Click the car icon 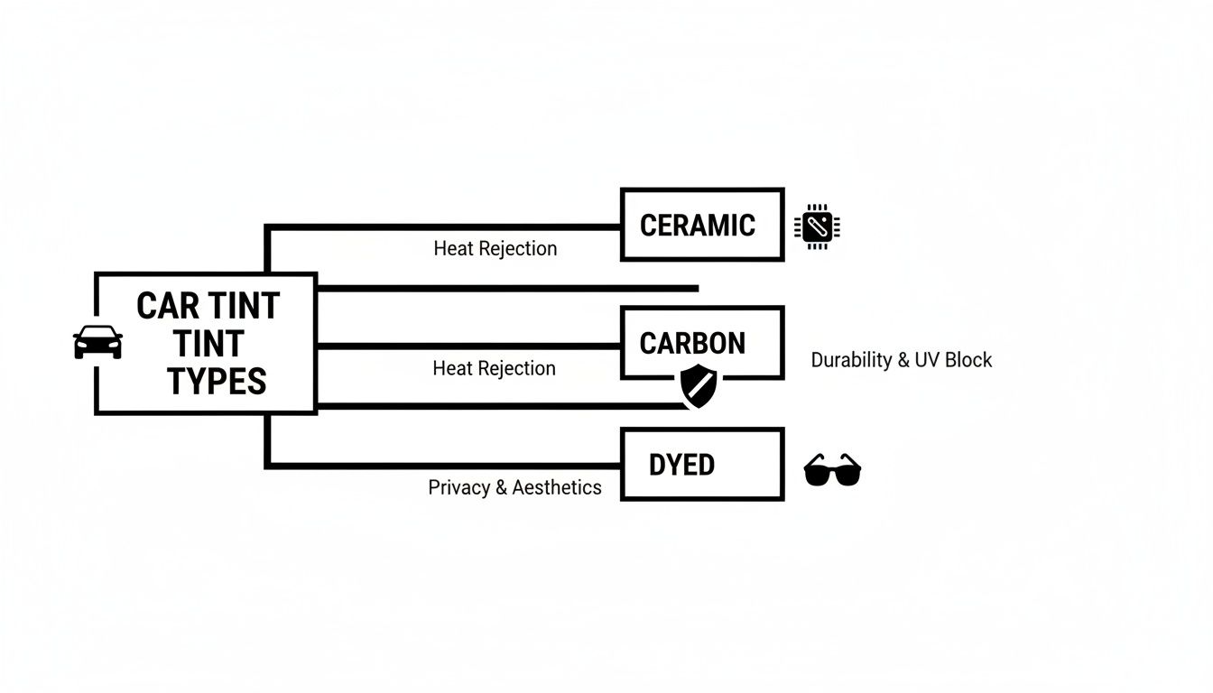coord(97,342)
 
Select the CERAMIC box coord(702,225)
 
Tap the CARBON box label coord(692,343)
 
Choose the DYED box coord(702,465)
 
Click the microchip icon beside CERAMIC coord(817,226)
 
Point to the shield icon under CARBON coord(699,386)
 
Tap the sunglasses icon coord(832,470)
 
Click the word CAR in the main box coord(169,307)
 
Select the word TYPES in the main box coord(217,383)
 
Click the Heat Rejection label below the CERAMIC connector coord(495,249)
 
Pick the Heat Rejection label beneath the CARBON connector coord(494,368)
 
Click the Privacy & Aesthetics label coord(514,488)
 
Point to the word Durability coord(851,360)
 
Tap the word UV coord(928,360)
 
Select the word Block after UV coord(969,360)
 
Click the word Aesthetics coord(557,488)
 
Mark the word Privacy coord(458,488)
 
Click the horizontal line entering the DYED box coord(451,466)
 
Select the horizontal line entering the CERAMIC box coord(451,226)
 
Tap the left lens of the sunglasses coord(819,473)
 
